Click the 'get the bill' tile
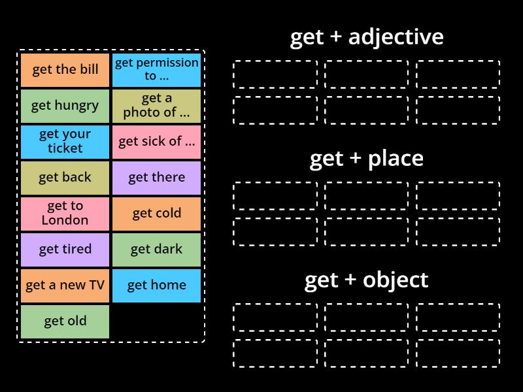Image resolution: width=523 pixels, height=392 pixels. [x=65, y=70]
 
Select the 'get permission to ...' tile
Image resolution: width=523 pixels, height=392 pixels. [x=156, y=70]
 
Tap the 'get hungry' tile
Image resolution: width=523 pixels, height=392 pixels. [x=65, y=106]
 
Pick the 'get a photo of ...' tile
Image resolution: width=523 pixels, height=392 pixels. [x=156, y=106]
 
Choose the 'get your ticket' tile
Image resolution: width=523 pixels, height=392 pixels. [x=65, y=142]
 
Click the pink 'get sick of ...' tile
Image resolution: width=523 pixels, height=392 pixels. [x=156, y=142]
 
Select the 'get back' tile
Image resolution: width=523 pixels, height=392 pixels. [x=65, y=178]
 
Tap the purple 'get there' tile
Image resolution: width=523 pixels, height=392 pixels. [x=156, y=178]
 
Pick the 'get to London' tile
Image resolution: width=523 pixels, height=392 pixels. [x=65, y=214]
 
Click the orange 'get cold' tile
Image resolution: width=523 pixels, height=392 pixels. [x=156, y=214]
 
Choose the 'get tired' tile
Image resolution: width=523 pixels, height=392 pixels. [x=65, y=250]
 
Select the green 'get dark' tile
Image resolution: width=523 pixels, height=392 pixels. [x=156, y=250]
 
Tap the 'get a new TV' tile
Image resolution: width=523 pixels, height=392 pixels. [x=65, y=286]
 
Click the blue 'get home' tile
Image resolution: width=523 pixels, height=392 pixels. [x=156, y=286]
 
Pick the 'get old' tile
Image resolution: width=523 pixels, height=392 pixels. [x=65, y=321]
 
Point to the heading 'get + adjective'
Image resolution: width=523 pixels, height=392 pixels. [x=366, y=37]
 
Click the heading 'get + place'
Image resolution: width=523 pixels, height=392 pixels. [x=366, y=159]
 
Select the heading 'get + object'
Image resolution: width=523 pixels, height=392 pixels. [x=366, y=280]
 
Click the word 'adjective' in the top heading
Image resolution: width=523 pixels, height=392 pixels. [x=396, y=37]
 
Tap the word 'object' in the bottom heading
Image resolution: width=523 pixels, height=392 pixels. [x=396, y=280]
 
